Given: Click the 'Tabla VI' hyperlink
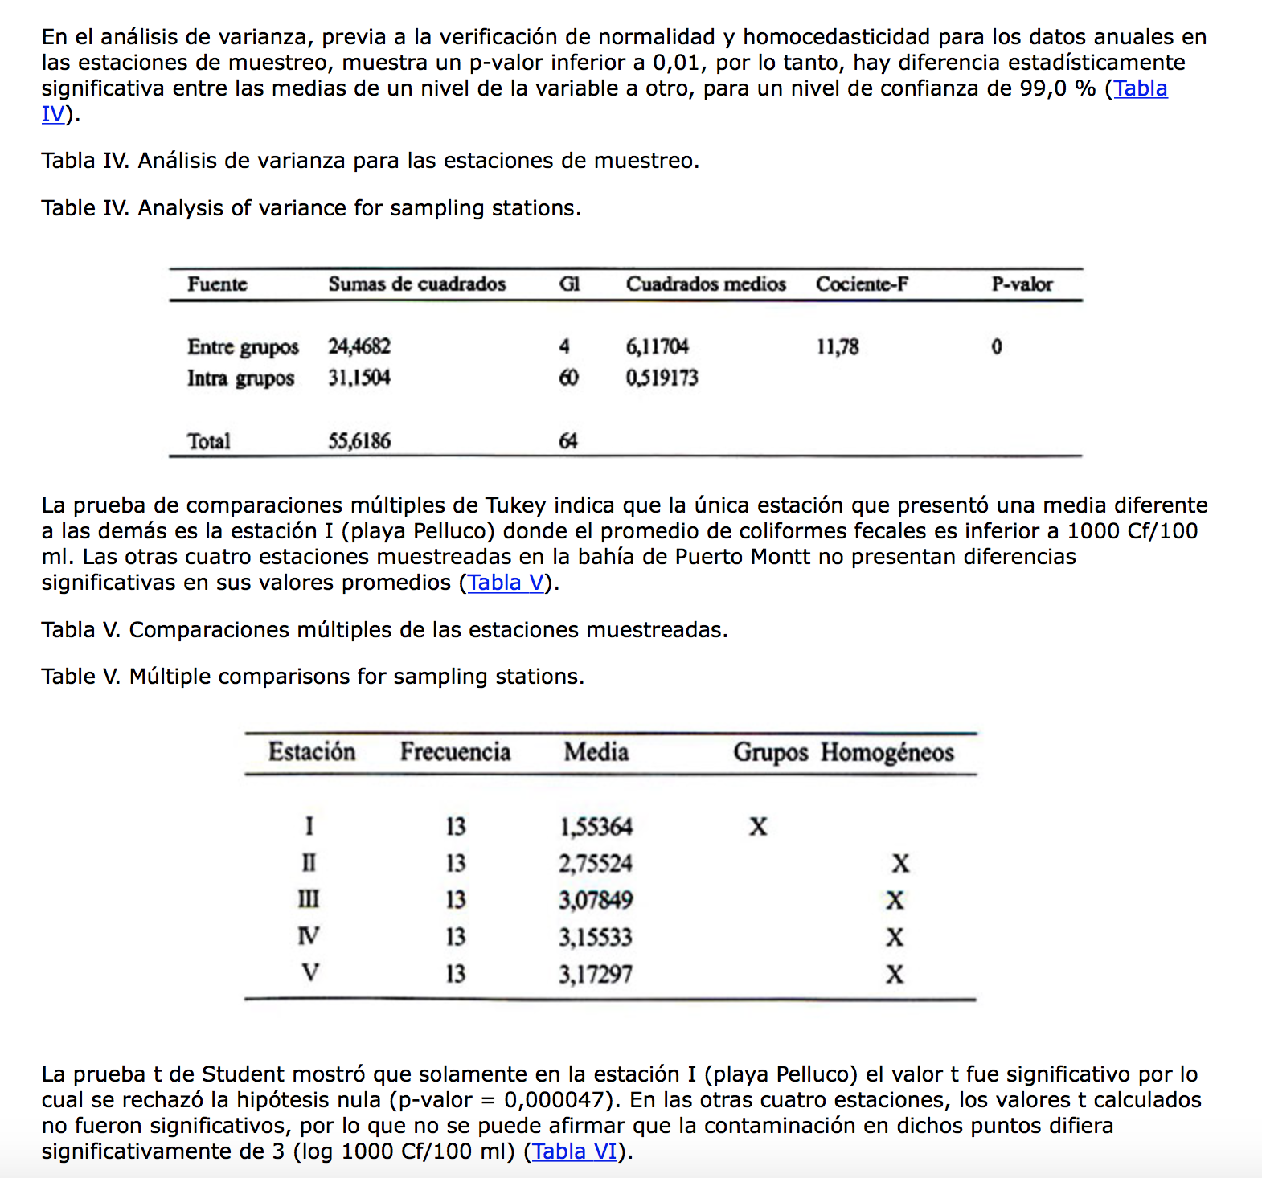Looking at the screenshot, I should click(x=575, y=1151).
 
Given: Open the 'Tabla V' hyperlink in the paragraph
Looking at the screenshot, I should click(x=506, y=583).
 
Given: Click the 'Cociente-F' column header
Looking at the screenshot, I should click(x=862, y=284).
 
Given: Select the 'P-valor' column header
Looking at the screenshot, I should click(x=1022, y=284).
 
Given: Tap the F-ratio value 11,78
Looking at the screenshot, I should click(x=838, y=347).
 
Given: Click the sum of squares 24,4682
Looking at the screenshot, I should click(x=359, y=346).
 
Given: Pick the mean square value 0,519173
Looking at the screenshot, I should click(x=662, y=378).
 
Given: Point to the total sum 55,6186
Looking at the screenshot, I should click(x=359, y=441).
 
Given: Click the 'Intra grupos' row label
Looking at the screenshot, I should click(x=240, y=378).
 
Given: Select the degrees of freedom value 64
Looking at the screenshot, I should click(x=567, y=441).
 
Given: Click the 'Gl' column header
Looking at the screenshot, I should click(x=569, y=284).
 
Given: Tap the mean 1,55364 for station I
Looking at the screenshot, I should click(x=596, y=827).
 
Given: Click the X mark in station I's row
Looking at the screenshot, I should click(x=758, y=827).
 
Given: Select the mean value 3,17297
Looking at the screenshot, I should click(x=596, y=975).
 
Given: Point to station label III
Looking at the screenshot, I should click(x=309, y=900).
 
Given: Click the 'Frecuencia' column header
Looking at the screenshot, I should click(x=455, y=752).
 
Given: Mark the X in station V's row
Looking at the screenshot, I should click(x=895, y=975).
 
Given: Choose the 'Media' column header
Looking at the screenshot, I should click(x=596, y=752).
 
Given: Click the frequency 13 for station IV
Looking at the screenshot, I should click(x=456, y=937).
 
